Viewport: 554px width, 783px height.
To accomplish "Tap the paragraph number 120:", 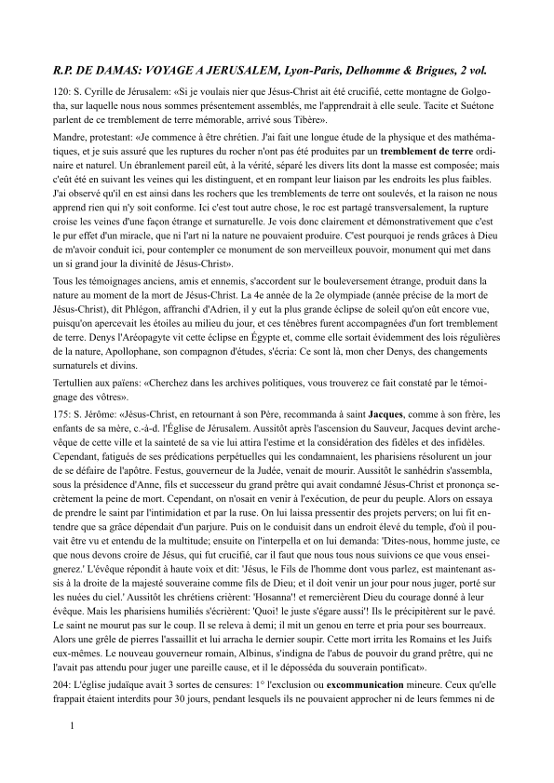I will [x=66, y=93].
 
